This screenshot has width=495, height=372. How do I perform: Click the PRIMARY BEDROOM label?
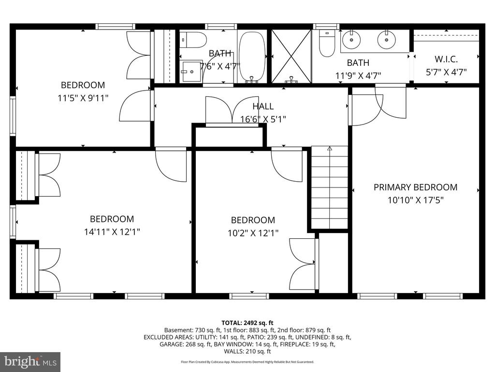click(x=415, y=187)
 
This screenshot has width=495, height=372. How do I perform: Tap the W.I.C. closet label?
click(x=446, y=59)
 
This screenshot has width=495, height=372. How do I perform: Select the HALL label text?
click(x=263, y=106)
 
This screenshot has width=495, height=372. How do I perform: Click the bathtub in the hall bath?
click(x=252, y=57)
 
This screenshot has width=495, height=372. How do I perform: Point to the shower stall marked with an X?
click(x=291, y=56)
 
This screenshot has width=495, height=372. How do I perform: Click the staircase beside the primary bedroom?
click(x=330, y=187)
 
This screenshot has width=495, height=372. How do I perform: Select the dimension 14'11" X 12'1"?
click(x=112, y=232)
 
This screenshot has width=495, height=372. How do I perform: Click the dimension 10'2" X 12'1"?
click(x=253, y=233)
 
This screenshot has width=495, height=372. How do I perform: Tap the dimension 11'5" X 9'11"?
click(x=83, y=98)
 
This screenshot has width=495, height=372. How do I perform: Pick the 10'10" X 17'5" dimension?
click(x=416, y=200)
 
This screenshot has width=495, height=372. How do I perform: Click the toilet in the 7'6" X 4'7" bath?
click(x=193, y=40)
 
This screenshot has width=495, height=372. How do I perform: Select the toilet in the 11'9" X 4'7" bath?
click(x=327, y=43)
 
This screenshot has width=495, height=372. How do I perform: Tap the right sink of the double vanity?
click(x=386, y=40)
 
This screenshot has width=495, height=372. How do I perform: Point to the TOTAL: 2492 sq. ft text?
click(x=247, y=323)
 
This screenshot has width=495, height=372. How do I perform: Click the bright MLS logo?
click(x=30, y=360)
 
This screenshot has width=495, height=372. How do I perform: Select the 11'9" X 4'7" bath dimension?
click(x=358, y=76)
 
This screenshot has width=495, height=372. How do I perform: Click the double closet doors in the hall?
click(x=233, y=111)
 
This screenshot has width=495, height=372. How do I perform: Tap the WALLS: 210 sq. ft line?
click(x=247, y=351)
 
